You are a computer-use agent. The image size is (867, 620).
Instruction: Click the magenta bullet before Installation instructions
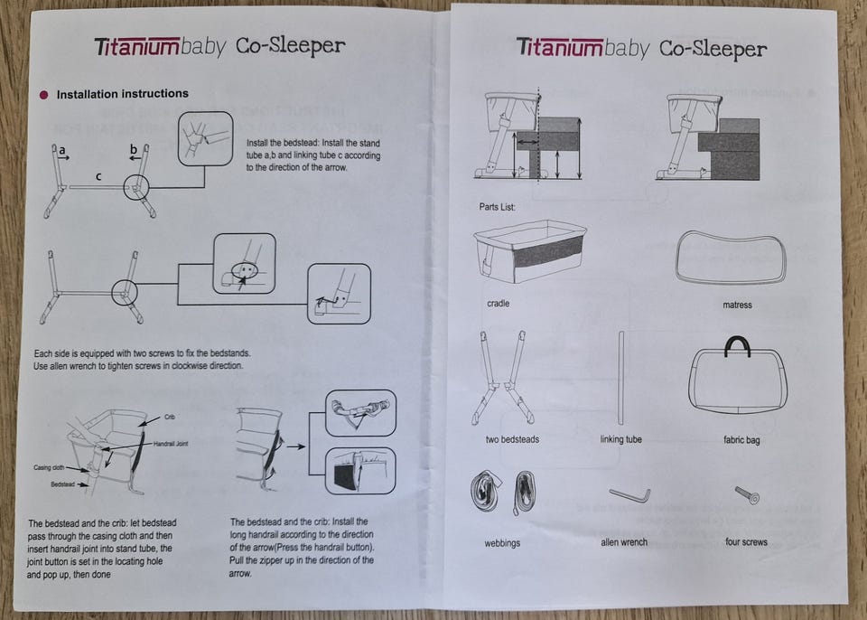point(44,95)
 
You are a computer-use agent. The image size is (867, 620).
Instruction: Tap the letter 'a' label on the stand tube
point(62,149)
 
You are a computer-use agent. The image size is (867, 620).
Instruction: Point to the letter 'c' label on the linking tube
point(98,176)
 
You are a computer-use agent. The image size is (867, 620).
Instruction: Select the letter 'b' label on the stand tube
point(134,149)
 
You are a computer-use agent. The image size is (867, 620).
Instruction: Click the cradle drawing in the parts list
point(530,251)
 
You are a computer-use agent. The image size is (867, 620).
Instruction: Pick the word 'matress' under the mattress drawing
point(737,305)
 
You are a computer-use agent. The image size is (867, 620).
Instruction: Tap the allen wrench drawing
point(629,495)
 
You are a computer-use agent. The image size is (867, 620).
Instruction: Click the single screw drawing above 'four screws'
point(748,494)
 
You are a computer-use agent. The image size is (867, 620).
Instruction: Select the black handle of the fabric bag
point(737,346)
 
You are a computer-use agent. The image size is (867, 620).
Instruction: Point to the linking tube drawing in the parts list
point(621,378)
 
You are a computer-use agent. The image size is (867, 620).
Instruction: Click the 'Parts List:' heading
point(497,207)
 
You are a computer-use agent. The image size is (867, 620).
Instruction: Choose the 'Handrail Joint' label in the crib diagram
point(171,444)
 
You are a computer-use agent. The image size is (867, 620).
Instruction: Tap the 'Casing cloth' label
point(49,468)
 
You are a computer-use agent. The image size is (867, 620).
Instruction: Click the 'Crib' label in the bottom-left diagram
point(170,417)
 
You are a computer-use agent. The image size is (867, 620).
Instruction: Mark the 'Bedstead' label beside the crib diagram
point(62,484)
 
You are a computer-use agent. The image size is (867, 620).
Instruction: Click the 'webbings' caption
point(502,543)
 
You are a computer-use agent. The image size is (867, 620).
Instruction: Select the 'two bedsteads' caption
point(512,439)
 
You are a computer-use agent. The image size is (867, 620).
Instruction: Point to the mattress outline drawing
point(731,258)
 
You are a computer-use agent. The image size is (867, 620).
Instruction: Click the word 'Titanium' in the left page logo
point(137,47)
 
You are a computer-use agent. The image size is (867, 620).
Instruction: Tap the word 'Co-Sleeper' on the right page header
point(713,50)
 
